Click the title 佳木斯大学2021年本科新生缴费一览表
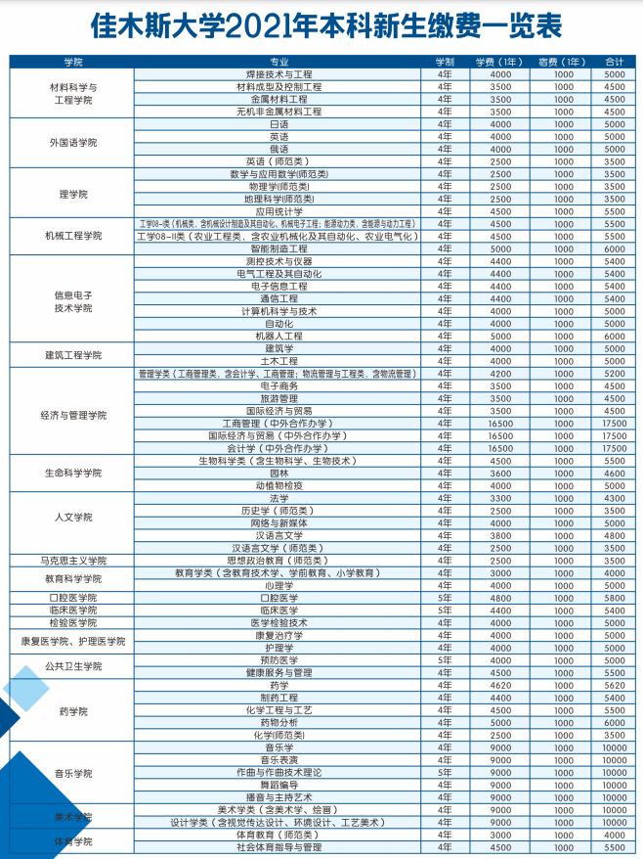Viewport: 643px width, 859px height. [x=321, y=25]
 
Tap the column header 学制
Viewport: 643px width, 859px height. [x=445, y=62]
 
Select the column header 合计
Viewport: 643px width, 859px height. [x=614, y=62]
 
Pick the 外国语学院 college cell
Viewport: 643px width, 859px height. [x=73, y=143]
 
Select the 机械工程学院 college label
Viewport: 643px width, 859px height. [x=73, y=236]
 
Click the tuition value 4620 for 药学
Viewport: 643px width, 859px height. [x=500, y=685]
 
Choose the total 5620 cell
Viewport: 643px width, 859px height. [x=614, y=685]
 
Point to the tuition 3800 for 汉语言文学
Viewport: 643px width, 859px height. [x=500, y=535]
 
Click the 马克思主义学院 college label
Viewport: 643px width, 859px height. [x=73, y=561]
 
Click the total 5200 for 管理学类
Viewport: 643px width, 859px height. [x=614, y=373]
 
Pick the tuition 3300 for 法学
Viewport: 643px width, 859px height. [x=500, y=498]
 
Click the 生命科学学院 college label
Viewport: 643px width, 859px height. [x=73, y=473]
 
